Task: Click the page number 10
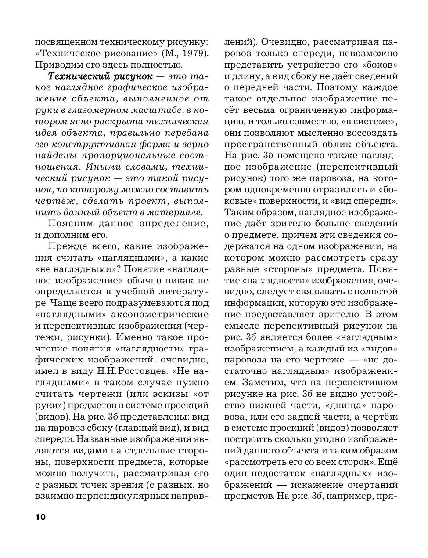point(40,517)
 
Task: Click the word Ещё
point(388,462)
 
